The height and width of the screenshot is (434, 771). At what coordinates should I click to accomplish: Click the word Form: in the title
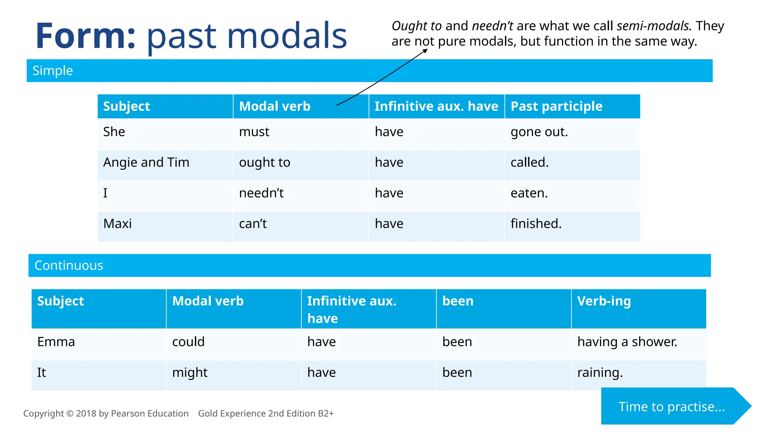click(85, 36)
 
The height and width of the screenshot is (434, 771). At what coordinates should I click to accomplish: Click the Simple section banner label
click(53, 71)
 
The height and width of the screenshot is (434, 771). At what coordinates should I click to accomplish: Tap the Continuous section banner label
click(69, 266)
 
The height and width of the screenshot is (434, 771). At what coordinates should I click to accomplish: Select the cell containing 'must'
click(254, 132)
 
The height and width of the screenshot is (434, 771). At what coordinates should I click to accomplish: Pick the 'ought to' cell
click(265, 163)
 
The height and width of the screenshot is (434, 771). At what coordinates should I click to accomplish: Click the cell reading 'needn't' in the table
click(261, 193)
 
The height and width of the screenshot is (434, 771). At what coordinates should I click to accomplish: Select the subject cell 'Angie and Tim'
click(146, 163)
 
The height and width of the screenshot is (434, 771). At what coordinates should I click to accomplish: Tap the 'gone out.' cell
click(539, 132)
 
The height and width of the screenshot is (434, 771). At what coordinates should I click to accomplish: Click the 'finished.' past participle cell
click(536, 224)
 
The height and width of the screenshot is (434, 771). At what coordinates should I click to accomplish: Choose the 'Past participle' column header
click(556, 107)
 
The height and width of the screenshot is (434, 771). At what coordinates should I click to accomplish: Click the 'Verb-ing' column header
click(603, 301)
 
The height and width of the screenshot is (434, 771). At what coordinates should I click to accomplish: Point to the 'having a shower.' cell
click(627, 342)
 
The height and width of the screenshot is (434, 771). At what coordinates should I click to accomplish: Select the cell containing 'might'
click(190, 373)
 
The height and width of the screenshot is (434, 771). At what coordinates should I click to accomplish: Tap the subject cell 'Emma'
click(56, 342)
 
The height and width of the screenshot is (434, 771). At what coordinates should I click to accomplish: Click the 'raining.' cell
click(600, 373)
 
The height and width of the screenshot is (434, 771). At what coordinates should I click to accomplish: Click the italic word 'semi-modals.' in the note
click(654, 26)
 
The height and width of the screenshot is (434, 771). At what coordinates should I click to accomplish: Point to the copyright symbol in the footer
click(70, 414)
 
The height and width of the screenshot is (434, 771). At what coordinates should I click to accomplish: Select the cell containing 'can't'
click(253, 224)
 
